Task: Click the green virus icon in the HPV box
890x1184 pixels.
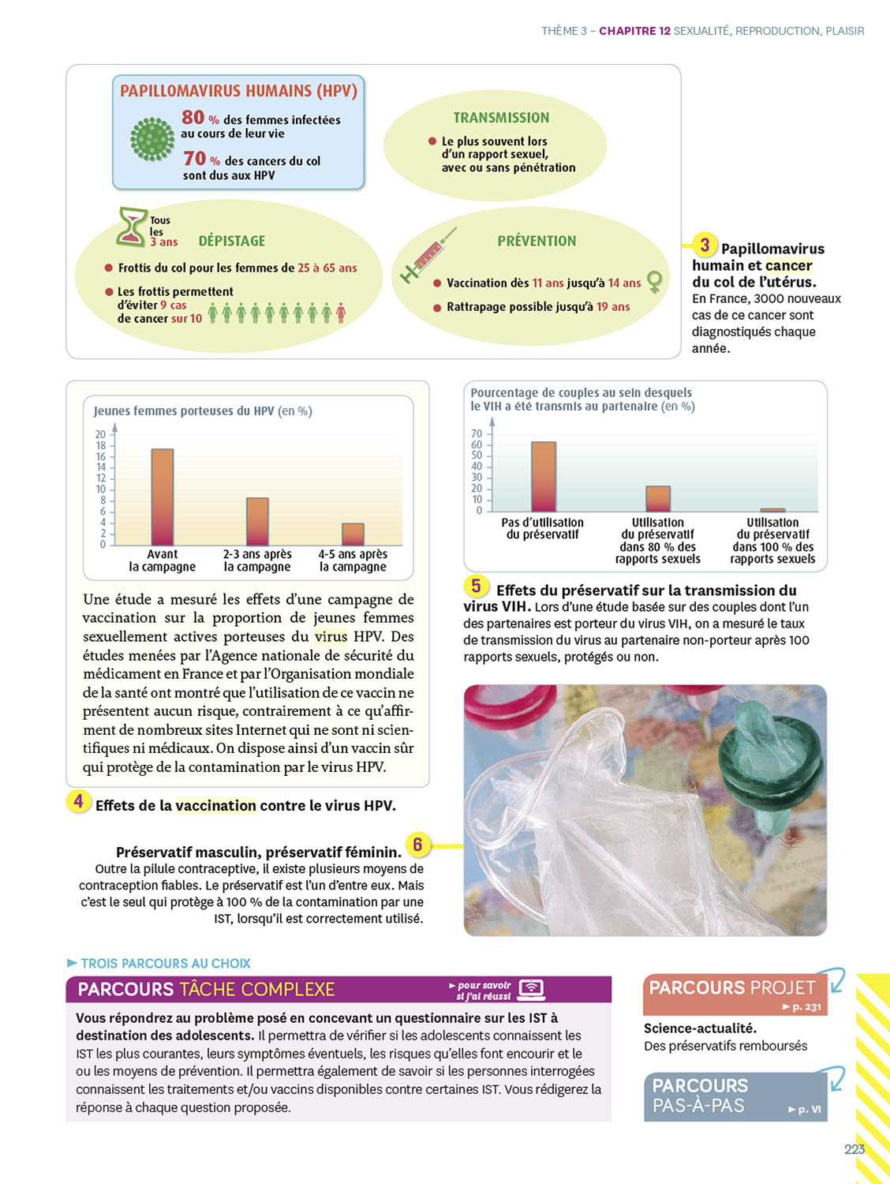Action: (x=152, y=140)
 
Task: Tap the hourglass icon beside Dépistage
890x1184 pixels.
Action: (x=133, y=227)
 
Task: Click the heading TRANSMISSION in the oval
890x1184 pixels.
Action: (x=501, y=118)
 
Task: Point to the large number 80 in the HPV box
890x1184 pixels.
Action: (x=193, y=118)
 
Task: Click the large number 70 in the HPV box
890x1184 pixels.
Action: (x=195, y=159)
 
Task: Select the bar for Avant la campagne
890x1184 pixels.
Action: (x=163, y=496)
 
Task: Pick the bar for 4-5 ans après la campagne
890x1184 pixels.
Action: (x=353, y=534)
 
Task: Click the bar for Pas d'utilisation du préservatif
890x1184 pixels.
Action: (x=544, y=477)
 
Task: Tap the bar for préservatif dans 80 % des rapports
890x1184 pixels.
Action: (x=658, y=499)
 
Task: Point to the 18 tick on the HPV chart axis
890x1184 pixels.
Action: (x=100, y=446)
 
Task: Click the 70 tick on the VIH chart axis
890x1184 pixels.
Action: (x=477, y=433)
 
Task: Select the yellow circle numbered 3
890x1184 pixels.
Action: (x=705, y=245)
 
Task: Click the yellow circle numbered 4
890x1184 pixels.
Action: (x=78, y=802)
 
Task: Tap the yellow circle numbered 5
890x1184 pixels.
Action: (x=476, y=586)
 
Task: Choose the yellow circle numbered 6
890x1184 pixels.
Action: (x=417, y=845)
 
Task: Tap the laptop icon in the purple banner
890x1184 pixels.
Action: (x=533, y=989)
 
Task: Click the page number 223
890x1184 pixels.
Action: (x=854, y=1149)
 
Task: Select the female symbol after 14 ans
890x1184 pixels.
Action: (x=654, y=281)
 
